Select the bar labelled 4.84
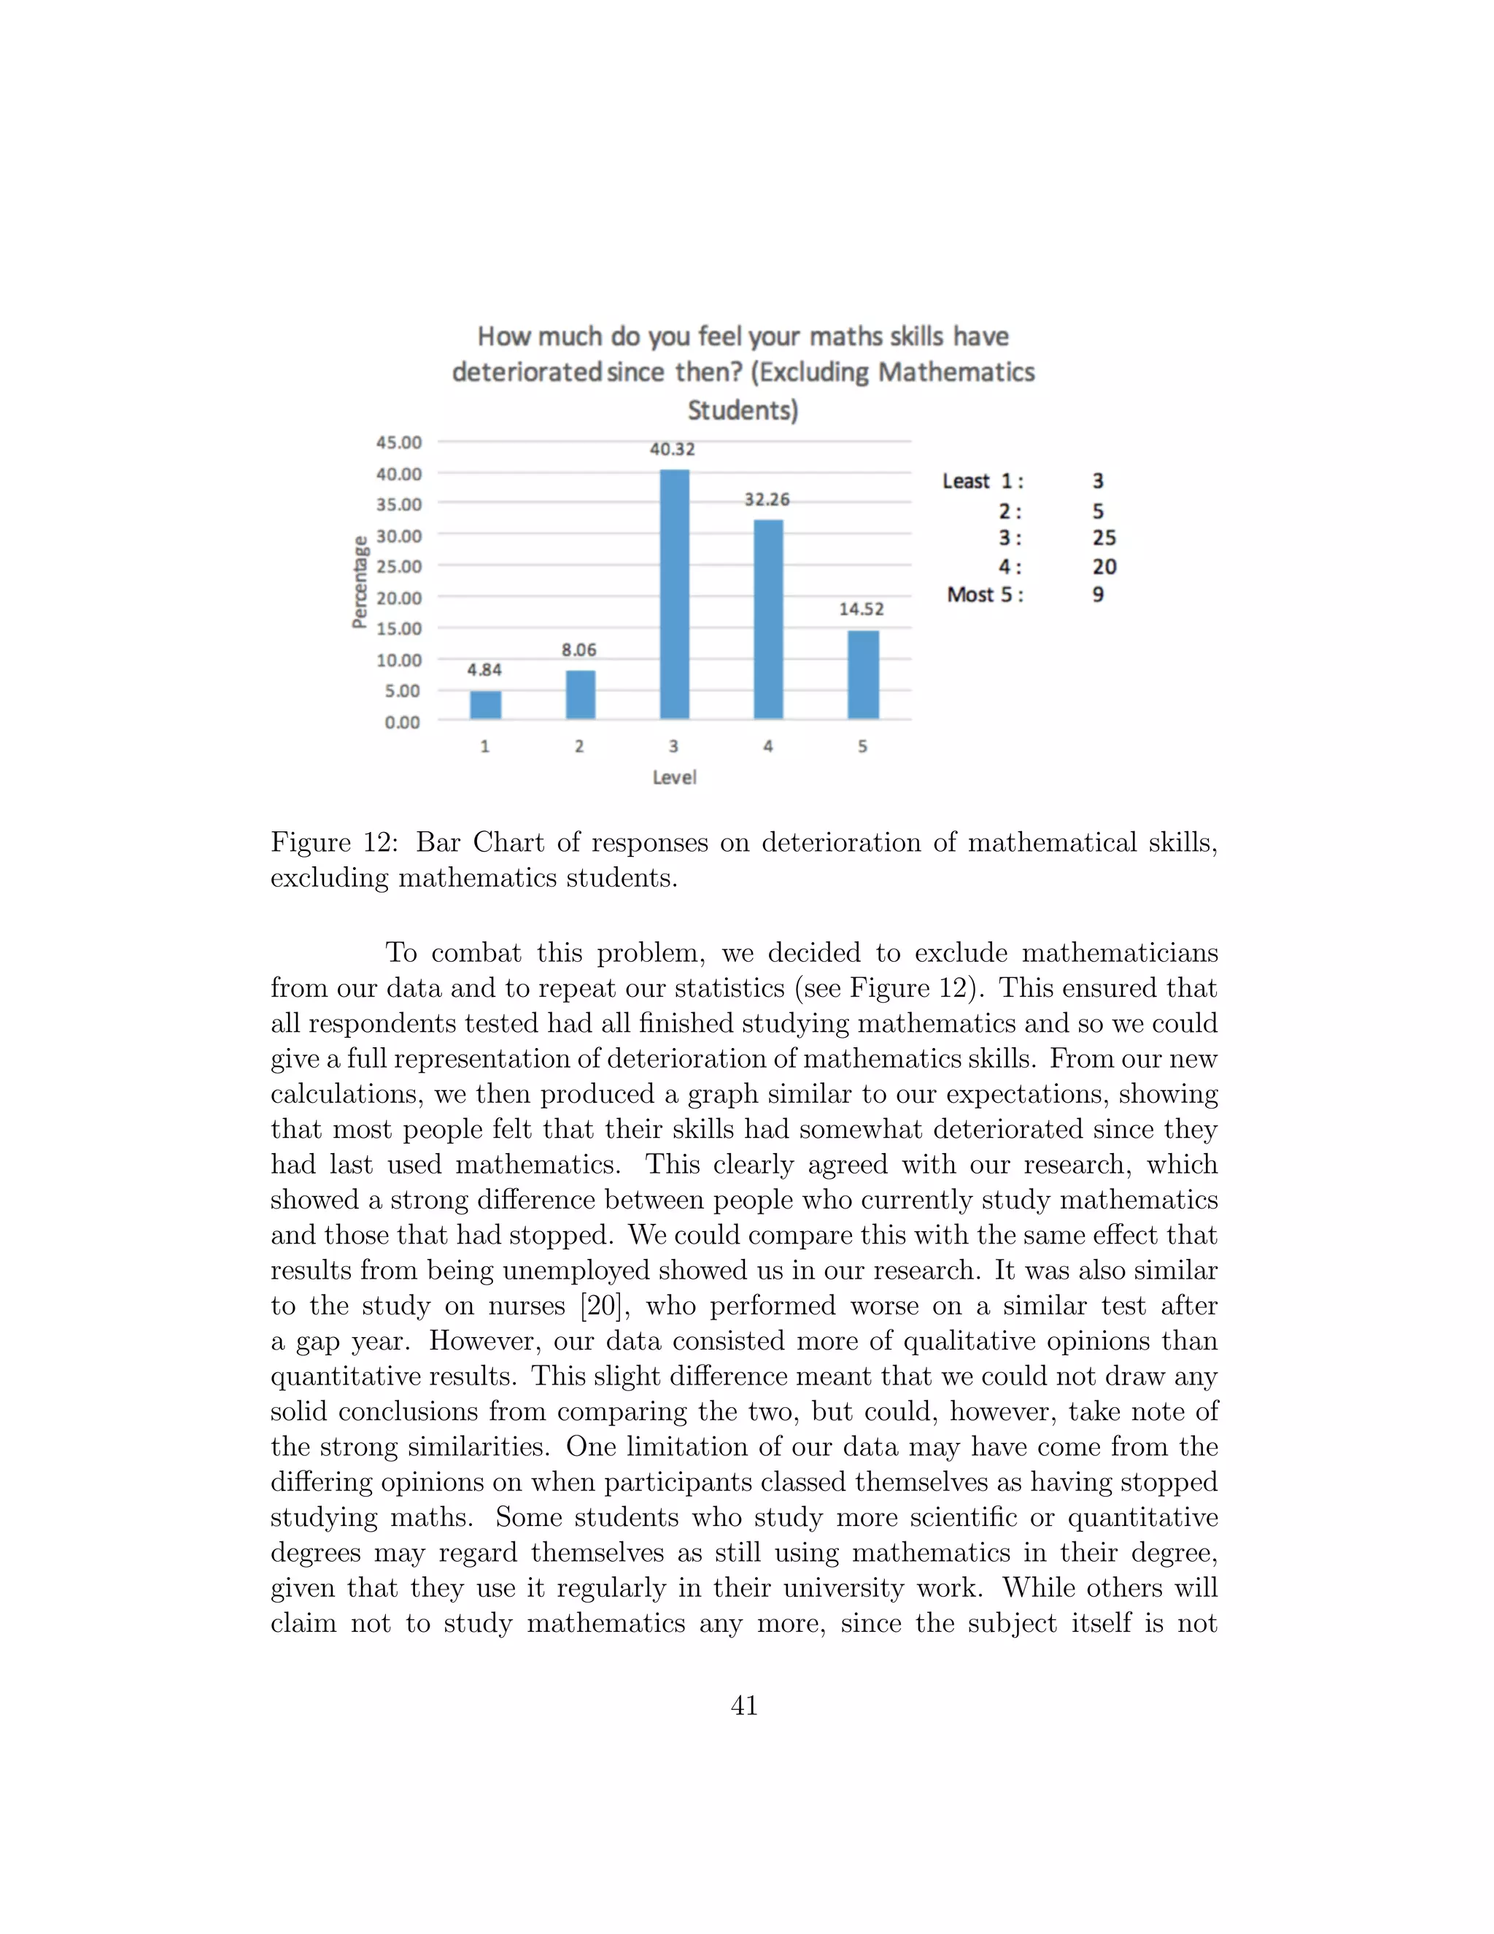(485, 705)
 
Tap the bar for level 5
(863, 675)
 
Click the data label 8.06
(578, 650)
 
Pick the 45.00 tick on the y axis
(399, 442)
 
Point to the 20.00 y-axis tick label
(399, 598)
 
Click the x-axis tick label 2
(578, 747)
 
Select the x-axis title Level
(675, 777)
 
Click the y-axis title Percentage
(360, 582)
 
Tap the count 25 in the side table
(1104, 539)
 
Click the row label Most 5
(984, 595)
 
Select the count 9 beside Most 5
(1097, 595)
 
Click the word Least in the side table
(966, 482)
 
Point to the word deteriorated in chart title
(527, 372)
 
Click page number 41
(744, 1706)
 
